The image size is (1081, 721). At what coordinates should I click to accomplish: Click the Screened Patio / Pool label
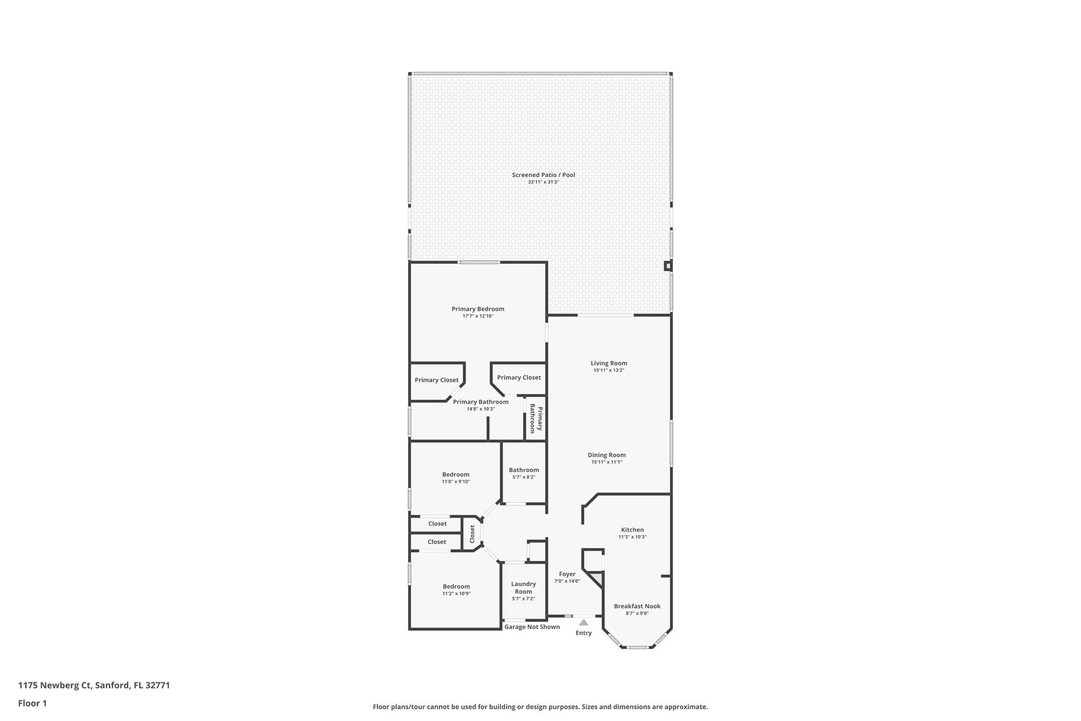543,175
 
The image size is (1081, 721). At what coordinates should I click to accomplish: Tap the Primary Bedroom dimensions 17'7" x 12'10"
478,316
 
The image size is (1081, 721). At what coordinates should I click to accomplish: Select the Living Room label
609,363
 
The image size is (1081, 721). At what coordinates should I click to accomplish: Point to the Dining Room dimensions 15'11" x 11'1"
606,462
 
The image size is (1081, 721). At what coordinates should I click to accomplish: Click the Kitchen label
632,530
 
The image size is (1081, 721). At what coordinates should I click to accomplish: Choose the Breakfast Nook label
637,606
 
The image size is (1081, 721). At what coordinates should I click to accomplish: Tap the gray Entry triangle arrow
583,622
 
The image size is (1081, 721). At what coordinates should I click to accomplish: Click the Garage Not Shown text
532,627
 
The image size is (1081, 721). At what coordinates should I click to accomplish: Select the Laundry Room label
523,587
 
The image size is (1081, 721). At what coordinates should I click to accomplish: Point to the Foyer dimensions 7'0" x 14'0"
567,581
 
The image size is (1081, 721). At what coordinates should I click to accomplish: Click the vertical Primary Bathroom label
536,418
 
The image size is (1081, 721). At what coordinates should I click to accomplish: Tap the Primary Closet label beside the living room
518,378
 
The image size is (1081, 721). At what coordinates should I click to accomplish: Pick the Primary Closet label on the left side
437,380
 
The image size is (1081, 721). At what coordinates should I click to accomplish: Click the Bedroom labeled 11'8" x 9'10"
456,474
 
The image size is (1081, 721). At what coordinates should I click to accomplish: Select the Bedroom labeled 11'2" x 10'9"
456,586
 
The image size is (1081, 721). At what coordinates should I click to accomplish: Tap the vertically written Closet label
472,534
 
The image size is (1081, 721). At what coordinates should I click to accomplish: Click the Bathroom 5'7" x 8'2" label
524,470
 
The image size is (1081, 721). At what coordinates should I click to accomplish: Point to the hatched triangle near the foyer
598,578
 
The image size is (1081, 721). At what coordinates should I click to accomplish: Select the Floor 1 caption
32,704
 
